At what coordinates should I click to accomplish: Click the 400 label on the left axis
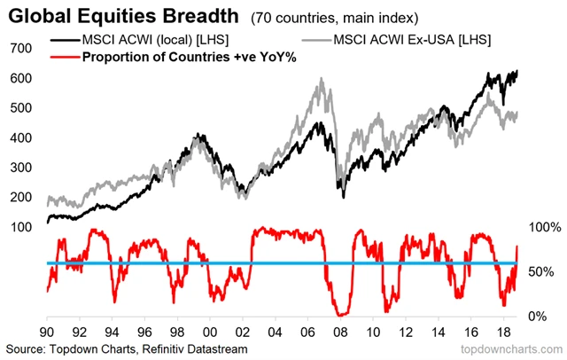click(x=23, y=137)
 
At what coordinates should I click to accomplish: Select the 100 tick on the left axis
click(x=23, y=228)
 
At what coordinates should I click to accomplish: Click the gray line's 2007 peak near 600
click(x=320, y=80)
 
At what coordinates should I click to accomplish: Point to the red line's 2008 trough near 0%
click(x=340, y=314)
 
